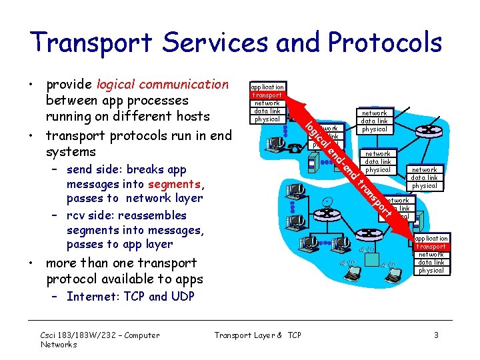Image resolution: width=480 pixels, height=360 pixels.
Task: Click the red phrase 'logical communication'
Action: [162, 85]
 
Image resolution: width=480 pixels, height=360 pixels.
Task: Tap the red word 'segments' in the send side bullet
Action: [175, 184]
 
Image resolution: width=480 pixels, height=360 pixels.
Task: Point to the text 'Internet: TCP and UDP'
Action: [130, 297]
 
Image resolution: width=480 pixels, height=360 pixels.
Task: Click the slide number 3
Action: [436, 335]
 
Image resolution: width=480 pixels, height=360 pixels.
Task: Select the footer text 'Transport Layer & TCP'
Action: [257, 335]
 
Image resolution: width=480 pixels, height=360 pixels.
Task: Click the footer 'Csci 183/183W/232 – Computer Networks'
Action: [100, 340]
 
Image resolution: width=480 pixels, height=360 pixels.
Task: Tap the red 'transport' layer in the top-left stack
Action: [267, 95]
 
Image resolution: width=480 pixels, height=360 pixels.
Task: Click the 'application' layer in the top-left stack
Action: [267, 87]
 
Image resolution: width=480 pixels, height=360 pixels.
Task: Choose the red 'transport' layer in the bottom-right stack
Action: [431, 247]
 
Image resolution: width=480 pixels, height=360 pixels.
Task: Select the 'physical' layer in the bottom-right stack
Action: [431, 271]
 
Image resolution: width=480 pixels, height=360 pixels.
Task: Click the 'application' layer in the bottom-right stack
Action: [431, 239]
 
